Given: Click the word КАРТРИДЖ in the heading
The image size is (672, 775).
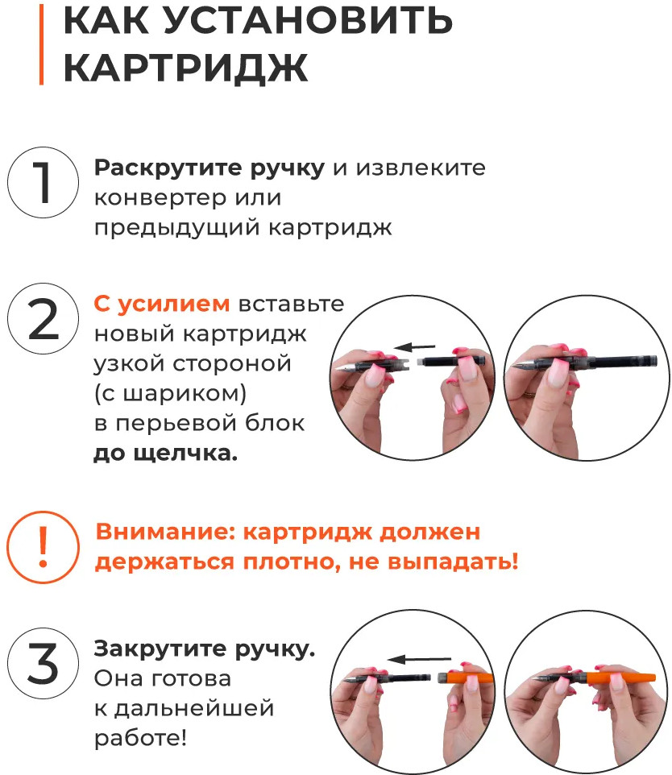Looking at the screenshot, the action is pyautogui.click(x=186, y=68).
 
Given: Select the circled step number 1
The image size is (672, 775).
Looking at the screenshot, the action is pyautogui.click(x=43, y=182).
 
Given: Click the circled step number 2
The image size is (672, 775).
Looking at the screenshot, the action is pyautogui.click(x=43, y=319).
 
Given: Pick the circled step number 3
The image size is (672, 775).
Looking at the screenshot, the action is pyautogui.click(x=43, y=663).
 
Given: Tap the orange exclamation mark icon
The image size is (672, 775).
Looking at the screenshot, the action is pyautogui.click(x=43, y=547).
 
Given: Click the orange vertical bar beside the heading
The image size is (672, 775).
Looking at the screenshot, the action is pyautogui.click(x=42, y=44).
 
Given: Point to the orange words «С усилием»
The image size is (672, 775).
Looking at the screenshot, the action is pyautogui.click(x=162, y=304).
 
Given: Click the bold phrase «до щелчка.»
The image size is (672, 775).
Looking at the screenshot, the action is pyautogui.click(x=166, y=454).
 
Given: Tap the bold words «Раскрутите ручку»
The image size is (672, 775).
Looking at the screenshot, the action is pyautogui.click(x=209, y=168).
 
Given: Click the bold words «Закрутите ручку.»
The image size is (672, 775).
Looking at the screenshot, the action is pyautogui.click(x=204, y=649).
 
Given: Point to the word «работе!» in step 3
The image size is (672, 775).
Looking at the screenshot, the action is pyautogui.click(x=140, y=739).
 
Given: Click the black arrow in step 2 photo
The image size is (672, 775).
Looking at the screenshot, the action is pyautogui.click(x=414, y=347).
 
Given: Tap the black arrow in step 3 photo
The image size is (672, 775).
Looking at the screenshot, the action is pyautogui.click(x=419, y=659).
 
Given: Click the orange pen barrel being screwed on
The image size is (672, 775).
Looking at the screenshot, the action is pyautogui.click(x=467, y=678).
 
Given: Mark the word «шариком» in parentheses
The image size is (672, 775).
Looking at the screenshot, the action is pyautogui.click(x=184, y=393).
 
